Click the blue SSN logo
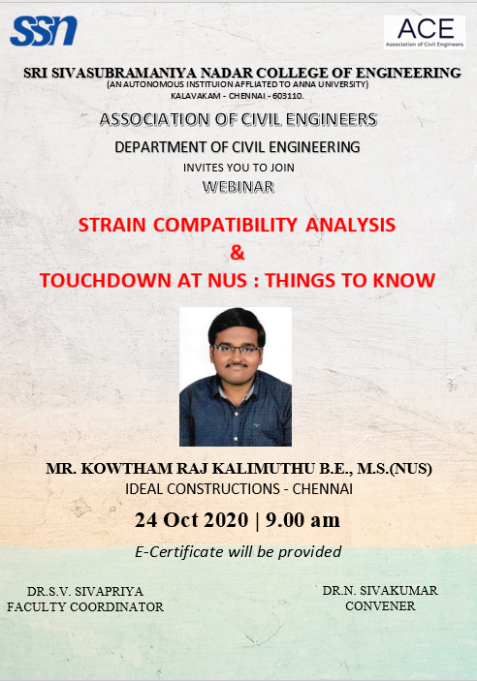click(x=44, y=31)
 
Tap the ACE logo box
click(x=425, y=32)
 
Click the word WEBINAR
click(x=238, y=187)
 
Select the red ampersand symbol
click(x=238, y=253)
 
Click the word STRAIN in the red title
click(x=111, y=225)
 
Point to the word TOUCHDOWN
click(x=106, y=281)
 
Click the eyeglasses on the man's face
click(x=237, y=350)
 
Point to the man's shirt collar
click(x=236, y=389)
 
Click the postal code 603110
click(x=287, y=96)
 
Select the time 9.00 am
click(x=302, y=520)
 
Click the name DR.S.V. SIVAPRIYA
click(x=85, y=591)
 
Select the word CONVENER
click(x=380, y=605)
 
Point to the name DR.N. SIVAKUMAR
click(x=380, y=590)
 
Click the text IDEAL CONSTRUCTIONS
click(x=203, y=489)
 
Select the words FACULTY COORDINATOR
click(x=85, y=606)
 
